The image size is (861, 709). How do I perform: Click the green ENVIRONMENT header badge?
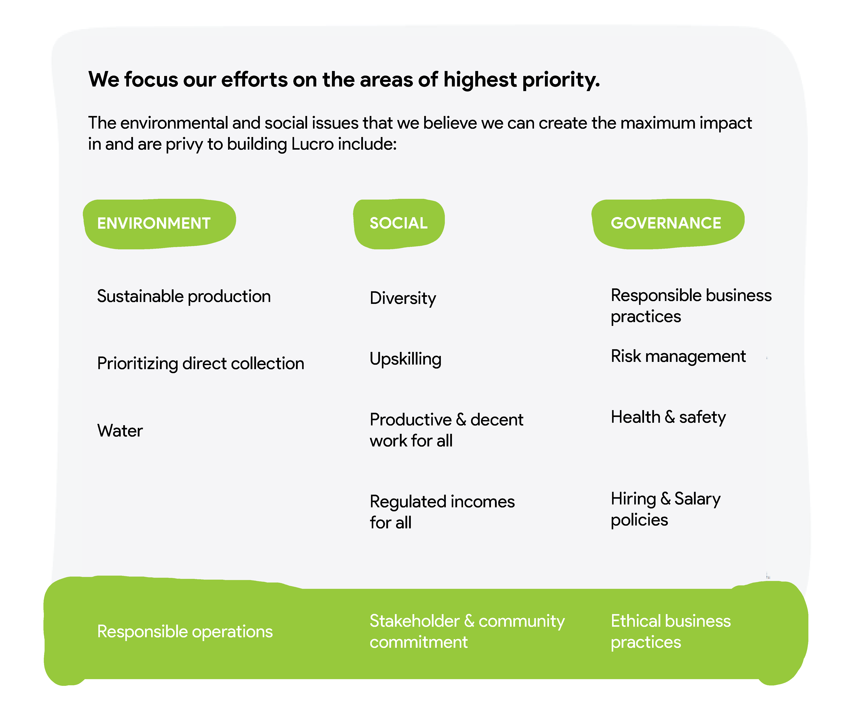159,224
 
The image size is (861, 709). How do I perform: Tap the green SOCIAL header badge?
399,224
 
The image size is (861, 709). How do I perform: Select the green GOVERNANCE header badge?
668,224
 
